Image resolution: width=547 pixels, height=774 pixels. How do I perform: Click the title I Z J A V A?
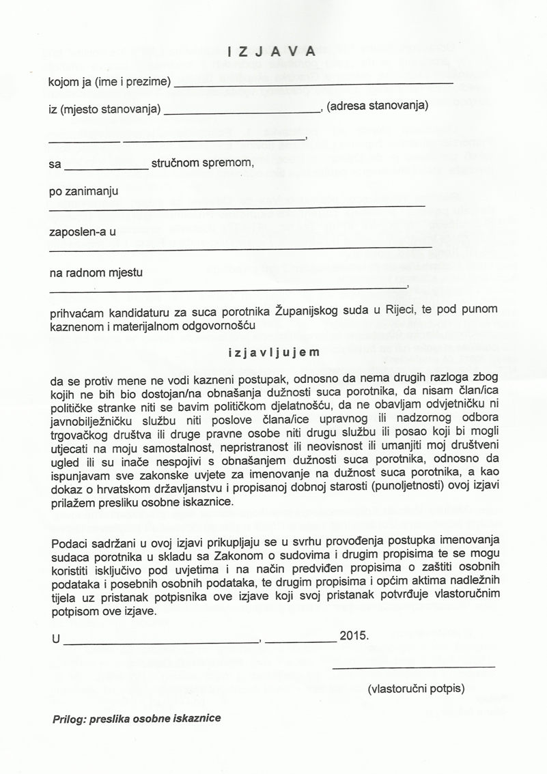272,51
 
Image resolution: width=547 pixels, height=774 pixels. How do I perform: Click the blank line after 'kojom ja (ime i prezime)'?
314,83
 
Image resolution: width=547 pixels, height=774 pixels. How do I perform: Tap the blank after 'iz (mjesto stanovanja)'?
242,109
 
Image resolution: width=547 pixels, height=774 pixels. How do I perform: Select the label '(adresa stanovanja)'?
378,106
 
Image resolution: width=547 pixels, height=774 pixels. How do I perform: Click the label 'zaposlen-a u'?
83,231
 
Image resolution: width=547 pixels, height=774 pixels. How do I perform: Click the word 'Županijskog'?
302,311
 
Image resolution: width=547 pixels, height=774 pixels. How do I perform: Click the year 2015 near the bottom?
354,635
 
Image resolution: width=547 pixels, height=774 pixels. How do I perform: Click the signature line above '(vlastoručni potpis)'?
414,666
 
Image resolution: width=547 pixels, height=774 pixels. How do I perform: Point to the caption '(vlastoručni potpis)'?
416,689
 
